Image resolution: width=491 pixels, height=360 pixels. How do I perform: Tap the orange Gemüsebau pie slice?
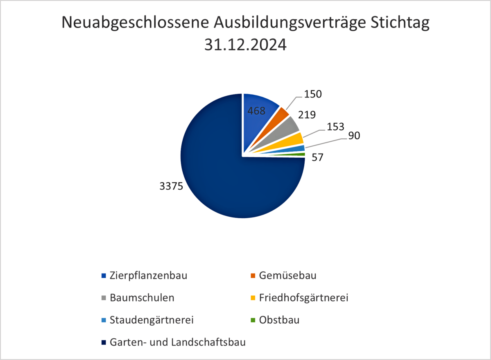click(280, 114)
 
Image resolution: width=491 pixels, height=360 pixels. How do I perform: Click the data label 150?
click(313, 94)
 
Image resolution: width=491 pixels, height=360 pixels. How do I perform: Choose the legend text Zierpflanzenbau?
click(148, 275)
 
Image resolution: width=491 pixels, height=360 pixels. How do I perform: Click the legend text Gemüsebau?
click(287, 275)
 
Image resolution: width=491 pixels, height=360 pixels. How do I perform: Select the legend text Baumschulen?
click(142, 298)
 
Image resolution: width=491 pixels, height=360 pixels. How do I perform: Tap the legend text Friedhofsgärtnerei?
click(303, 298)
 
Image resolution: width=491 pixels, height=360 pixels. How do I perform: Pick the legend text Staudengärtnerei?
click(151, 320)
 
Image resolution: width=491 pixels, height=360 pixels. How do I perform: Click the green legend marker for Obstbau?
click(253, 320)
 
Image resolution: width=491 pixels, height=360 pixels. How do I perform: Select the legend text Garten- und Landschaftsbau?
click(178, 342)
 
